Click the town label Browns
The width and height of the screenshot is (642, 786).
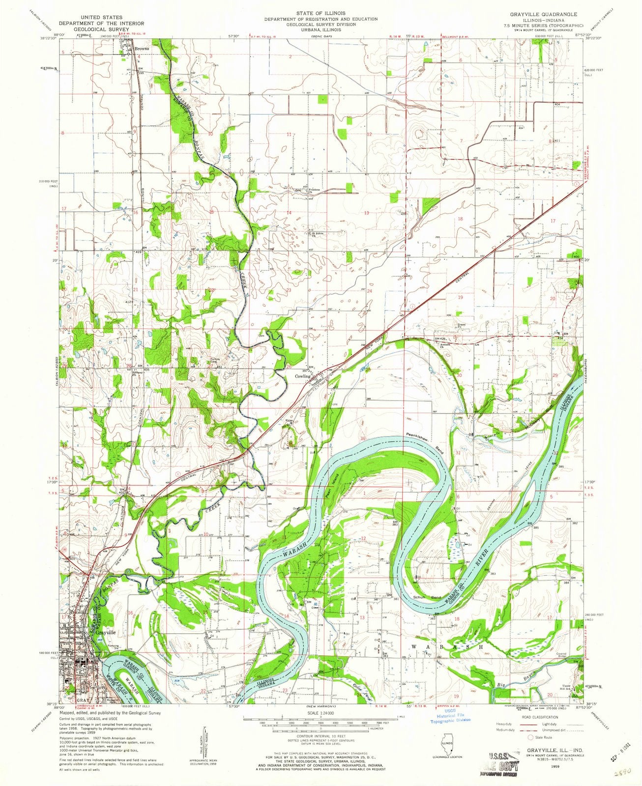click(x=143, y=49)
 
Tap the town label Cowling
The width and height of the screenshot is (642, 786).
click(x=303, y=376)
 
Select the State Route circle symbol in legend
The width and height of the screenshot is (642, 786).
click(x=531, y=737)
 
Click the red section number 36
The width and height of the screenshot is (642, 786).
click(x=363, y=439)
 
